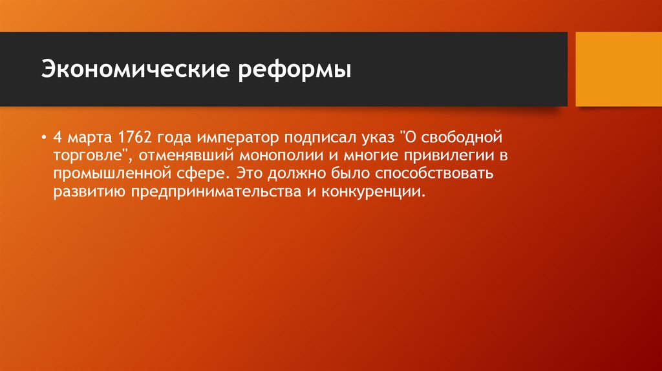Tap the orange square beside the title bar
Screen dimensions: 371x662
pos(618,69)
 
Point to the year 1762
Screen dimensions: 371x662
pos(134,138)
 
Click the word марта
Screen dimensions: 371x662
pos(91,138)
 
